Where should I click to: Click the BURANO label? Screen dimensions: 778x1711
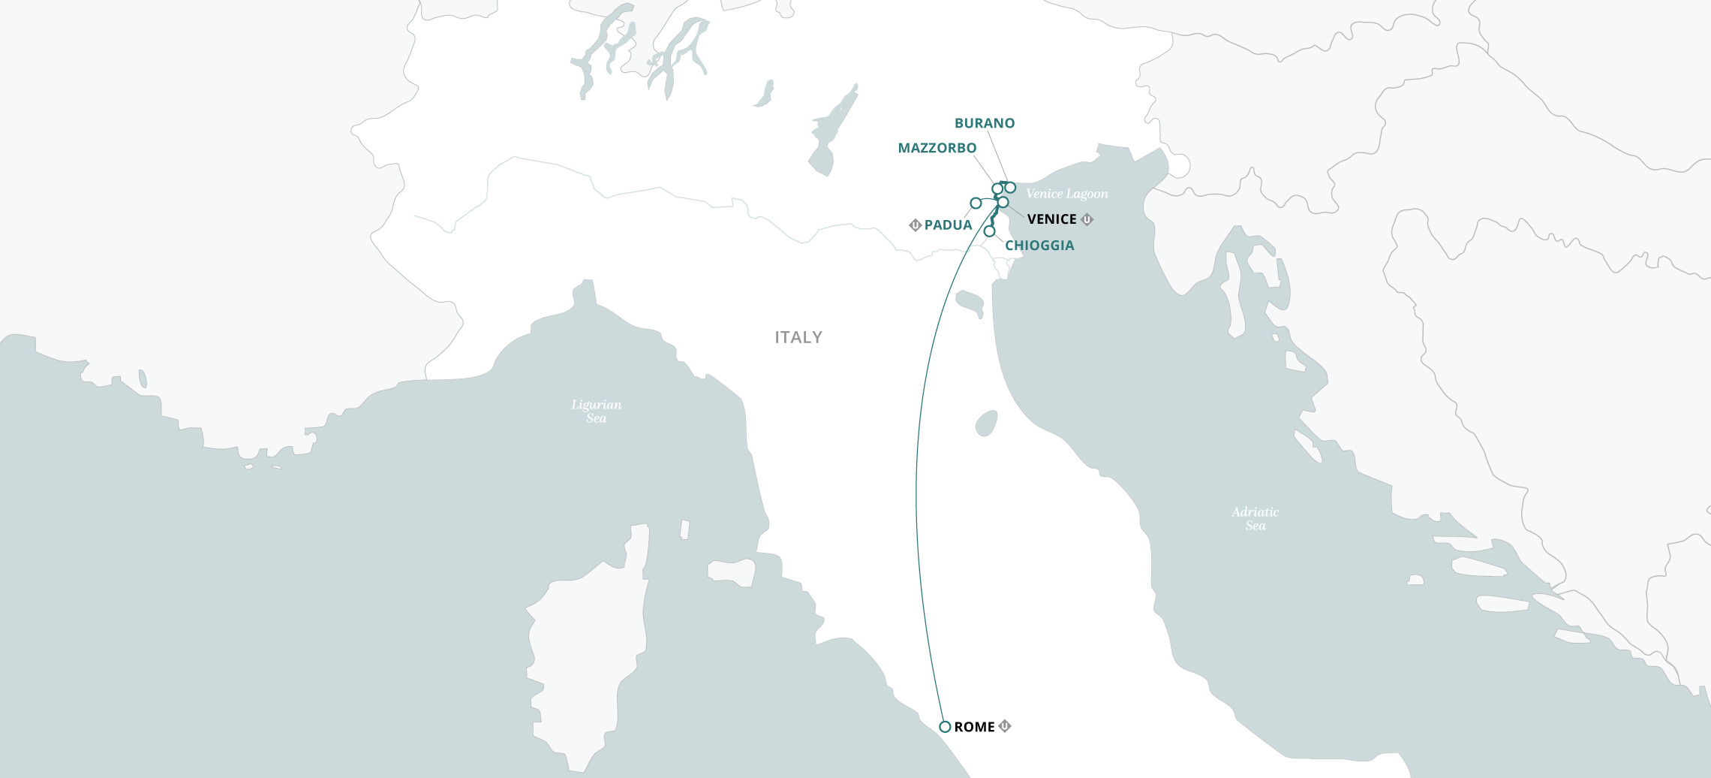pyautogui.click(x=984, y=123)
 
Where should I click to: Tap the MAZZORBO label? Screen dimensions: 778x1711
pyautogui.click(x=937, y=148)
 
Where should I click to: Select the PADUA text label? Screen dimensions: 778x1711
pyautogui.click(x=948, y=225)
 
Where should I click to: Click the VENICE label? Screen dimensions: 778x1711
pyautogui.click(x=1051, y=219)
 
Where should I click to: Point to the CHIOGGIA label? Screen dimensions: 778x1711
pyautogui.click(x=1039, y=246)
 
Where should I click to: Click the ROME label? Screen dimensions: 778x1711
pyautogui.click(x=974, y=727)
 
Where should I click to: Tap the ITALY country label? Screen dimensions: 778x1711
pyautogui.click(x=798, y=337)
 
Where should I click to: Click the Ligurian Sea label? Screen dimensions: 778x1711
pyautogui.click(x=596, y=411)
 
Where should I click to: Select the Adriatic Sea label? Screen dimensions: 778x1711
pyautogui.click(x=1255, y=518)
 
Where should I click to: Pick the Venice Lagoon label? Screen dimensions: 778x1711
pyautogui.click(x=1066, y=194)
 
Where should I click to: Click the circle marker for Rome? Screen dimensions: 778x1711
pyautogui.click(x=946, y=727)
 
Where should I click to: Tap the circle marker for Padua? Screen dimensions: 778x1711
pyautogui.click(x=976, y=203)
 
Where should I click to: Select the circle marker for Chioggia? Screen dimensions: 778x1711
pyautogui.click(x=989, y=231)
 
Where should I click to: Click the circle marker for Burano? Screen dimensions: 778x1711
pyautogui.click(x=1010, y=188)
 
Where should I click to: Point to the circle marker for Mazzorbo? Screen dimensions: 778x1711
pyautogui.click(x=997, y=188)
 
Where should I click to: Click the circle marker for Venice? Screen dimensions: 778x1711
pyautogui.click(x=1003, y=202)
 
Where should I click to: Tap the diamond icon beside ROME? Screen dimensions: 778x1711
pyautogui.click(x=1005, y=726)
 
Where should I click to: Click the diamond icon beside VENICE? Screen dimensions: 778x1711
pyautogui.click(x=1087, y=219)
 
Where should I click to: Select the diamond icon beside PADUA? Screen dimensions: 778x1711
pyautogui.click(x=915, y=225)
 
